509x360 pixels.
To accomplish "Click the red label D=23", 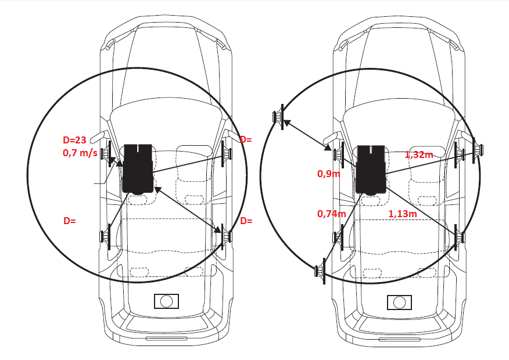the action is pyautogui.click(x=74, y=140).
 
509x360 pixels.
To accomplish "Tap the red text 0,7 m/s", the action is pyautogui.click(x=80, y=153).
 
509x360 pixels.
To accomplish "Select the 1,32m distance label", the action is pyautogui.click(x=419, y=154).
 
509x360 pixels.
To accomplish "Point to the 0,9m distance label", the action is pyautogui.click(x=328, y=174).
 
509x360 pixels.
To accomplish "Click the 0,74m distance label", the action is pyautogui.click(x=331, y=214).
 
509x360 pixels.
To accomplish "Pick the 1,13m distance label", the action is pyautogui.click(x=403, y=214).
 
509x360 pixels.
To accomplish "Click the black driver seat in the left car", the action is pyautogui.click(x=138, y=169).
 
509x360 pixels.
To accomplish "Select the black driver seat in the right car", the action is pyautogui.click(x=371, y=170).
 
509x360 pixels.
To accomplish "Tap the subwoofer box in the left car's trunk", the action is pyautogui.click(x=167, y=301).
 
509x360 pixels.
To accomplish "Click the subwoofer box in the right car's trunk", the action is pyautogui.click(x=399, y=303).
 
